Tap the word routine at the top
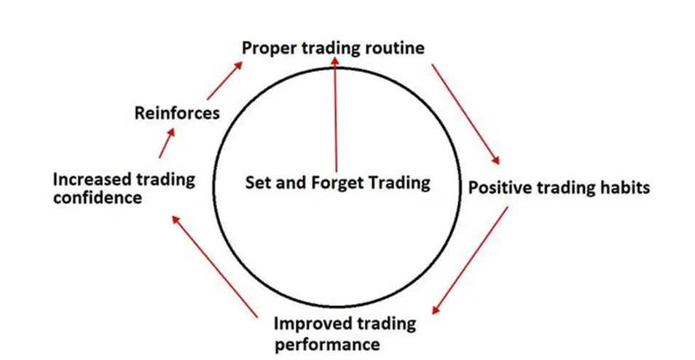coord(395,47)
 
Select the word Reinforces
coord(177,113)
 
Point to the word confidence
coord(98,197)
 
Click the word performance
coord(327,344)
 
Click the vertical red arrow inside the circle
coord(336,114)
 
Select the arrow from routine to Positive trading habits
coord(466,114)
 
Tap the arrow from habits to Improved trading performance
coord(471,260)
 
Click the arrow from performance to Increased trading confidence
coord(214,266)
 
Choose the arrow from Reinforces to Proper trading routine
coord(224,80)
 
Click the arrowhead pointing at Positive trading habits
coord(496,160)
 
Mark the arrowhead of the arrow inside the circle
coord(336,60)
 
